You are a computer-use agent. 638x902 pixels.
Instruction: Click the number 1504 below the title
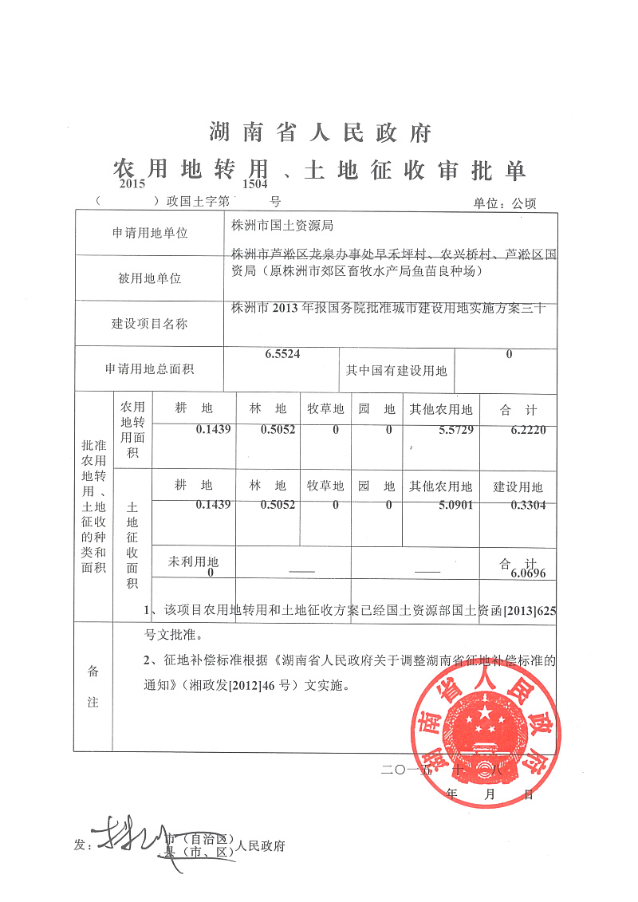point(255,183)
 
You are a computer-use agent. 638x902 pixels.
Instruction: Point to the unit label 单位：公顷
point(505,203)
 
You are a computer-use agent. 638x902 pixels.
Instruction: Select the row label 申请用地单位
point(150,234)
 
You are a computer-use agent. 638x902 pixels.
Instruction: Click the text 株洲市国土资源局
point(276,226)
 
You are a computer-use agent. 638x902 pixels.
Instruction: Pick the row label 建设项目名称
point(150,324)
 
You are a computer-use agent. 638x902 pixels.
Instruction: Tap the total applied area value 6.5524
point(282,353)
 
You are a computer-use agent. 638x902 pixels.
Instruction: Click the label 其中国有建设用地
point(396,371)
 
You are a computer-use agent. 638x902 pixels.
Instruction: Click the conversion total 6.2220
point(529,430)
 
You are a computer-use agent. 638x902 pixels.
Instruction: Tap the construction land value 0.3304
point(529,505)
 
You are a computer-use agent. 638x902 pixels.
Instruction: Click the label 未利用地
point(193,561)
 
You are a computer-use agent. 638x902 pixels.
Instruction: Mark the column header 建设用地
point(518,486)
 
